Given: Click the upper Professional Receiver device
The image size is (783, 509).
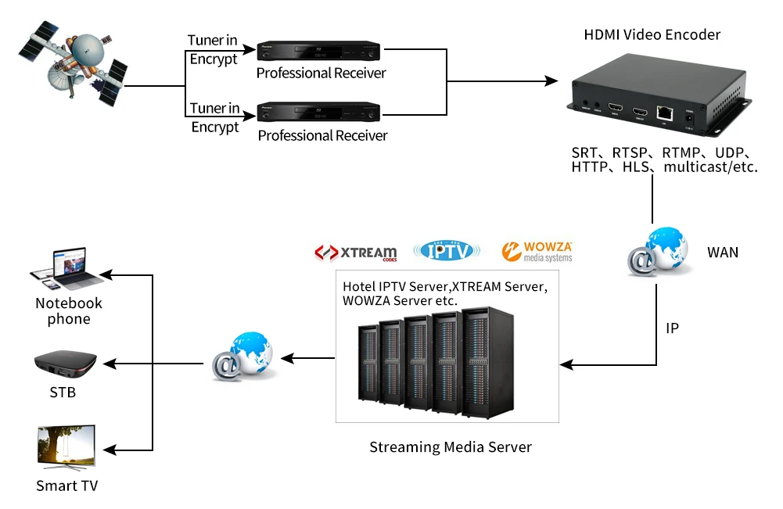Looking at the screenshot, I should click(319, 52).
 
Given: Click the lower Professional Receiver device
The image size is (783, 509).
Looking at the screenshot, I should click(319, 114).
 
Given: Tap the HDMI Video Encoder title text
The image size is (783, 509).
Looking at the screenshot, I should click(652, 34).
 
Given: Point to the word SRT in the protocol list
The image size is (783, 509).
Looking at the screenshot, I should click(586, 152).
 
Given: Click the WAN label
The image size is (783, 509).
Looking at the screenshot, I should click(723, 253).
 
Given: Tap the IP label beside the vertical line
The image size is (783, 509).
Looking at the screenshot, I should click(672, 328).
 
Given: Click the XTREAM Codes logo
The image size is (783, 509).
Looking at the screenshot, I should click(356, 253).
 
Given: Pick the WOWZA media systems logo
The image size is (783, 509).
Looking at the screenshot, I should click(537, 251).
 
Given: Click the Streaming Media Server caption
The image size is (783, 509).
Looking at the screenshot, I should click(450, 447).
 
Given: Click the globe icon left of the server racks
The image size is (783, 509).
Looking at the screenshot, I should click(242, 357).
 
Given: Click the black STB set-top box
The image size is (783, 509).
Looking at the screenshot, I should click(65, 364).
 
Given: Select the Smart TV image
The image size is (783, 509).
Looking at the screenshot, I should click(66, 447).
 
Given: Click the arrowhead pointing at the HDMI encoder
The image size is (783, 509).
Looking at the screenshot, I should click(551, 81).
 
